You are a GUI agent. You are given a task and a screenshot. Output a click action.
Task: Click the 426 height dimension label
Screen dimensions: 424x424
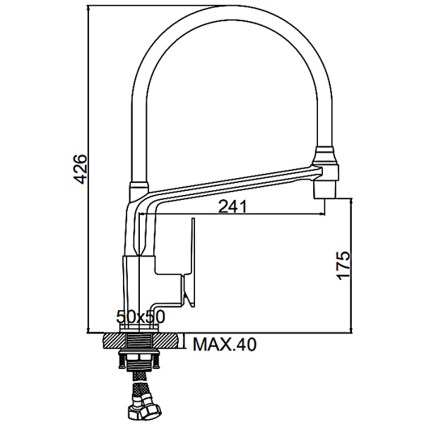81,170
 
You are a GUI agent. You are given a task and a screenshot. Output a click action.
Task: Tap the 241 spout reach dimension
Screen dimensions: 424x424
232,207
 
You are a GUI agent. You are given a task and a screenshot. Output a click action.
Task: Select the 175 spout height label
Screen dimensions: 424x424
343,265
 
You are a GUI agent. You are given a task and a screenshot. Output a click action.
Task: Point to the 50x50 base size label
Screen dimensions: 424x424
141,317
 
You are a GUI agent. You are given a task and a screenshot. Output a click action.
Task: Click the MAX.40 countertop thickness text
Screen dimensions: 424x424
224,344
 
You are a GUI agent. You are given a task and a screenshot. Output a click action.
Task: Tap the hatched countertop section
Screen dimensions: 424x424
141,341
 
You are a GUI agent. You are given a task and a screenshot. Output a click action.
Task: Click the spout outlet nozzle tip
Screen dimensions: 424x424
325,190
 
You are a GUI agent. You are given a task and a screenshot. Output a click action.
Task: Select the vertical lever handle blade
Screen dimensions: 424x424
192,262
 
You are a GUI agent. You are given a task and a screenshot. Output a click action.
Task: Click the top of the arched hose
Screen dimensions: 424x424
232,13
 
